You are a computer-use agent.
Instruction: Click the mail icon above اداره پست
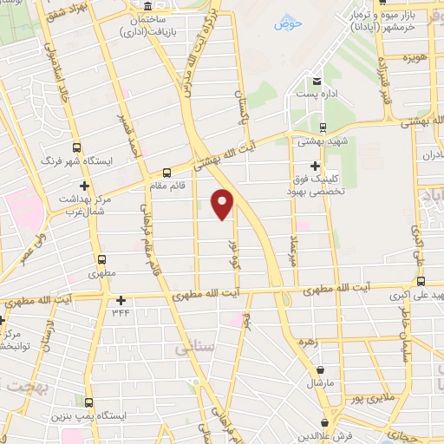point(316,88)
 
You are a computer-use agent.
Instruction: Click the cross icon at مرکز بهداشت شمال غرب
point(84,186)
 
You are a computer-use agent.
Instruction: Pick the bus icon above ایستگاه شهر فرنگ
point(77,147)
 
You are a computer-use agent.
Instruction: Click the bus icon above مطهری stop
point(102,258)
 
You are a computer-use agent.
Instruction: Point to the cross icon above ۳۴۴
point(121,300)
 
